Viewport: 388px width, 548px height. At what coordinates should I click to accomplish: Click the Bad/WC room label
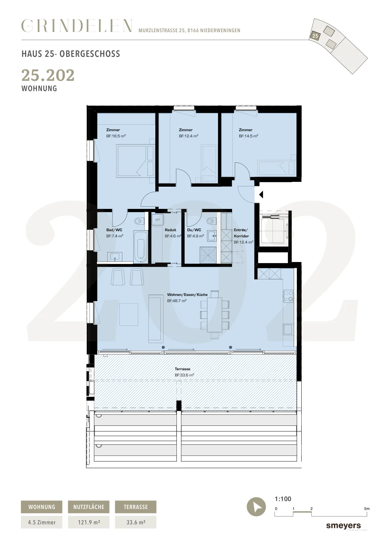[x=114, y=230]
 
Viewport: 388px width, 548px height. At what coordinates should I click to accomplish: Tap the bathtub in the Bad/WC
[x=141, y=247]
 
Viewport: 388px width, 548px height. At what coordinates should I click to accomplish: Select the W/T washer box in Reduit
[x=158, y=220]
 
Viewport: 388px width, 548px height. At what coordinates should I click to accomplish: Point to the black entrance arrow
[x=261, y=195]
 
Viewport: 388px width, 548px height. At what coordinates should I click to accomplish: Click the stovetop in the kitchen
[x=288, y=296]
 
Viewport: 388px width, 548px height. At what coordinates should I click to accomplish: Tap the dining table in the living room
[x=215, y=315]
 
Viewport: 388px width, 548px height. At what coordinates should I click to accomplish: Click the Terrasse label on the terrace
[x=182, y=369]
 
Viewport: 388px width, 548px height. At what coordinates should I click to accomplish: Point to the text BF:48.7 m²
[x=177, y=301]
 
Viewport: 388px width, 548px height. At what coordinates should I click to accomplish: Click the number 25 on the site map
[x=315, y=36]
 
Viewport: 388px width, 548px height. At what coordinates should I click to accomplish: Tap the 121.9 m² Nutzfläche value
[x=89, y=522]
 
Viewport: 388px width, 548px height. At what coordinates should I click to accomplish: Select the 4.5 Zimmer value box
[x=41, y=522]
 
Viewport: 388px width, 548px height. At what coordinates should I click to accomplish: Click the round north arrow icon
[x=256, y=507]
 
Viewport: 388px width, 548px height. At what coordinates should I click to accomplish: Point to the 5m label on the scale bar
[x=367, y=509]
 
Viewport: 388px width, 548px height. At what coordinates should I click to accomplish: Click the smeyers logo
[x=343, y=526]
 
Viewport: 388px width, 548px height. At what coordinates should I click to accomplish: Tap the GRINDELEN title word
[x=77, y=26]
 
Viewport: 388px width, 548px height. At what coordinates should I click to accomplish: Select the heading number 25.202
[x=48, y=75]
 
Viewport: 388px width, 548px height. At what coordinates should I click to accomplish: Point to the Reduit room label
[x=170, y=230]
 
